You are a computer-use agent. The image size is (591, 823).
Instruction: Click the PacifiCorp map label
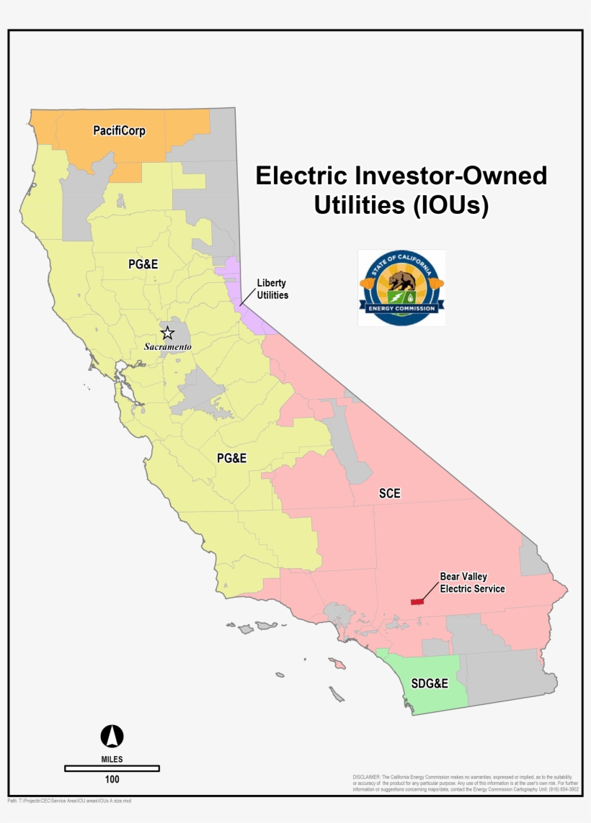click(119, 131)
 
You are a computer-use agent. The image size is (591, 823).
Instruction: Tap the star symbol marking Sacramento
click(167, 333)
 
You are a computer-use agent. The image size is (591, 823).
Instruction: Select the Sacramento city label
click(167, 347)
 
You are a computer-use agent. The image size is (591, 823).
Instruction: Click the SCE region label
click(389, 494)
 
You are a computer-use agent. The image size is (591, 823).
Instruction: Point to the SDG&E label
click(430, 683)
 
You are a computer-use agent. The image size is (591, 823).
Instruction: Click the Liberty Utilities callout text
click(272, 289)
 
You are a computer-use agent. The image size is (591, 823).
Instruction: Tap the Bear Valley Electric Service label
click(472, 583)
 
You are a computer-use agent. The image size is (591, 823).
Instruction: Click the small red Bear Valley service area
click(417, 601)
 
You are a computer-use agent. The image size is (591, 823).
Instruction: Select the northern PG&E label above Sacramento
click(143, 264)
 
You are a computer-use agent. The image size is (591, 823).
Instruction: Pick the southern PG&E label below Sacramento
click(231, 458)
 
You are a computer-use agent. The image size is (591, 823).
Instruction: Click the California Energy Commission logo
click(401, 288)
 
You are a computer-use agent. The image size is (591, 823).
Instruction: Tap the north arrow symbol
click(112, 736)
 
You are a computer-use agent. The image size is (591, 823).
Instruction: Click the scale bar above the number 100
click(112, 768)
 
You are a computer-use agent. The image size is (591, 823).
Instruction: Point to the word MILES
click(112, 759)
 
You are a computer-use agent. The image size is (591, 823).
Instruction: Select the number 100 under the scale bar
click(112, 779)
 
